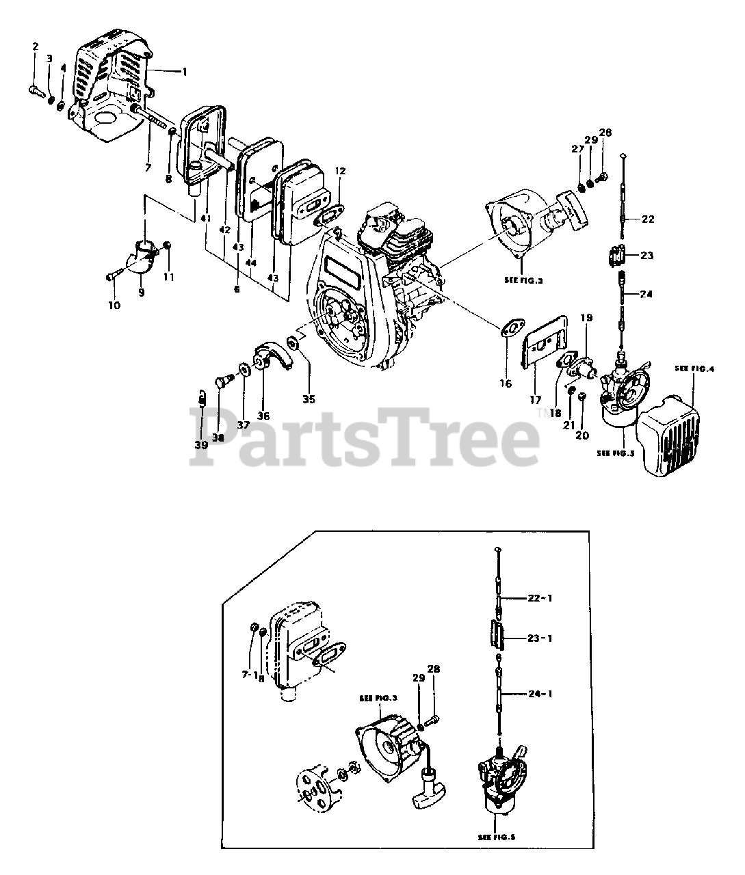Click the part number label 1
point(183,70)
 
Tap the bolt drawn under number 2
point(38,88)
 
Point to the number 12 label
point(341,170)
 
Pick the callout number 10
point(114,305)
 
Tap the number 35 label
point(309,399)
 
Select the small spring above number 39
point(202,396)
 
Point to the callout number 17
point(535,399)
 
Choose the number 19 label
point(586,318)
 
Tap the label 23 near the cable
point(647,255)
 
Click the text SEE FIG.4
point(694,368)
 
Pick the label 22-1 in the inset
point(539,598)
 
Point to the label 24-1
point(539,694)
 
